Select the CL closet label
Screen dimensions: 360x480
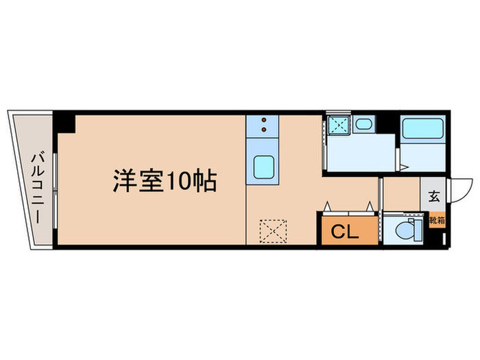click(x=345, y=232)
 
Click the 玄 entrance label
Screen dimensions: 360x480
click(x=434, y=196)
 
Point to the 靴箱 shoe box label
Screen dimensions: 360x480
click(x=435, y=220)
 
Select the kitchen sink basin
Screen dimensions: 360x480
click(x=264, y=167)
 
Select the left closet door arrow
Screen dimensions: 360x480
click(x=328, y=206)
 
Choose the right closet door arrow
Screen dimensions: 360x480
click(x=370, y=206)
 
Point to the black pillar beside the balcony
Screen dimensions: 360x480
click(x=65, y=122)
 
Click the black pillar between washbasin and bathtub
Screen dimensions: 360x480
click(x=388, y=122)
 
